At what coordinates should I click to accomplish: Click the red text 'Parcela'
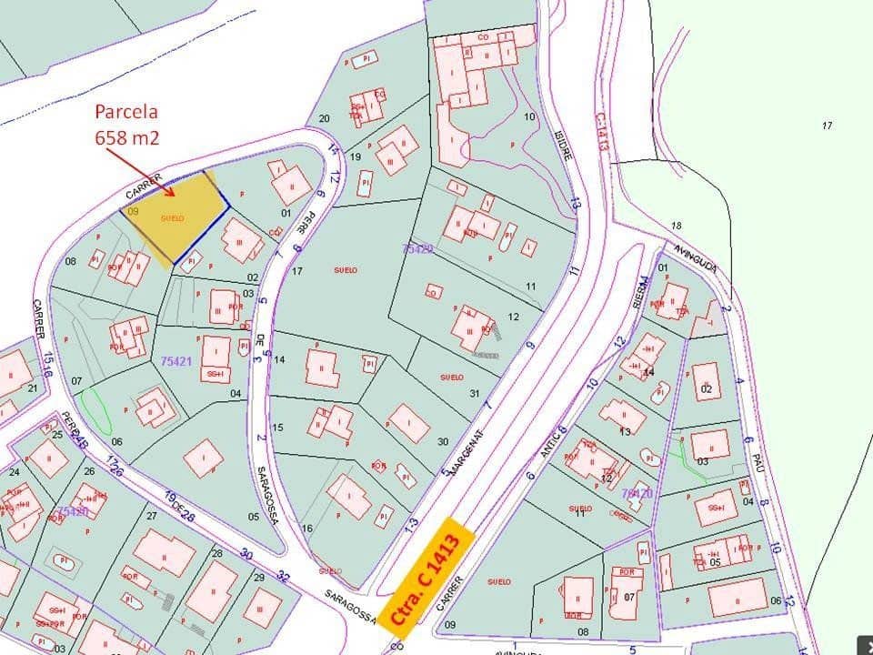click(x=126, y=113)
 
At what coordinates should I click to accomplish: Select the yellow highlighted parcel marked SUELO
click(x=175, y=217)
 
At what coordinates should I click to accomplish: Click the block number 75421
click(x=176, y=361)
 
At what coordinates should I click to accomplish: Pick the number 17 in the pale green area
click(x=827, y=126)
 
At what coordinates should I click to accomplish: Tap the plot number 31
click(x=474, y=393)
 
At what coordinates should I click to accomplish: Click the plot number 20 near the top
click(x=324, y=118)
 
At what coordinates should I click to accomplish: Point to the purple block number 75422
click(x=418, y=247)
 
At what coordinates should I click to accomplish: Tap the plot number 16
click(x=307, y=529)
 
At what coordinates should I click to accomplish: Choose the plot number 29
click(x=259, y=578)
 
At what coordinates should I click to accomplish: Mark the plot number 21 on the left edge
click(x=33, y=388)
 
